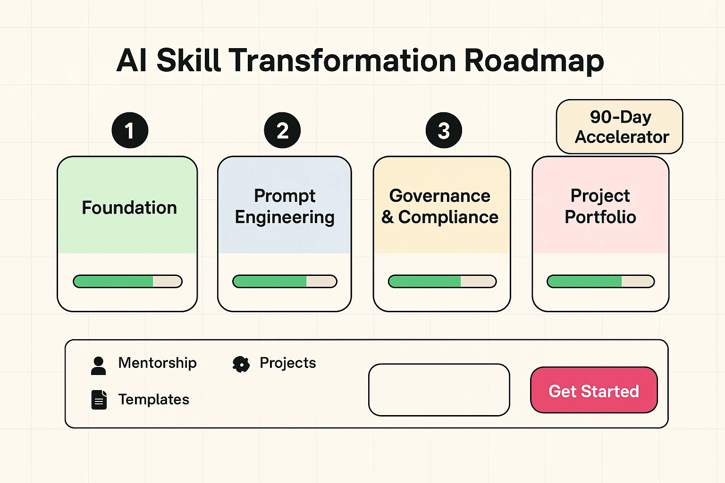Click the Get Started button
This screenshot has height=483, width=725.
[594, 391]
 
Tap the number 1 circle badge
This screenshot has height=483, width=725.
[130, 131]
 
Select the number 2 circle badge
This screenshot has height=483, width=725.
[282, 131]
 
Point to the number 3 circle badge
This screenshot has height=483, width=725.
[444, 131]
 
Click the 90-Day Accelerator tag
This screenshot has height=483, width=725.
[620, 127]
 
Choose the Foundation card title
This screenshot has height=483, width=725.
[129, 208]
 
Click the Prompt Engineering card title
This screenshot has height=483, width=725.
[285, 206]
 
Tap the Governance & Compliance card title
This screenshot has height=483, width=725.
[440, 206]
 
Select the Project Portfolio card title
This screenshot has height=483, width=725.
[600, 206]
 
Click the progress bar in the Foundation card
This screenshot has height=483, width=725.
[127, 282]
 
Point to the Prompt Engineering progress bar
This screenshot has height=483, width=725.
[285, 282]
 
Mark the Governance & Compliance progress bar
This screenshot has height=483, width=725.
[442, 282]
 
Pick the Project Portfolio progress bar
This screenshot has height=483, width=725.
[600, 282]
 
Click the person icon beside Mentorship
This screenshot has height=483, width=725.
[98, 366]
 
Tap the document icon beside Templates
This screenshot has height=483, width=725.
[99, 400]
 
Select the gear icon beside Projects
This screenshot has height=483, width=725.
[241, 364]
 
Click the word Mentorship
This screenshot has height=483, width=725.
[157, 363]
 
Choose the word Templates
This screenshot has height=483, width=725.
[153, 400]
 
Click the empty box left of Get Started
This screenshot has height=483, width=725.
[439, 390]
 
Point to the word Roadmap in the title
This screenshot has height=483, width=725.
[534, 60]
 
